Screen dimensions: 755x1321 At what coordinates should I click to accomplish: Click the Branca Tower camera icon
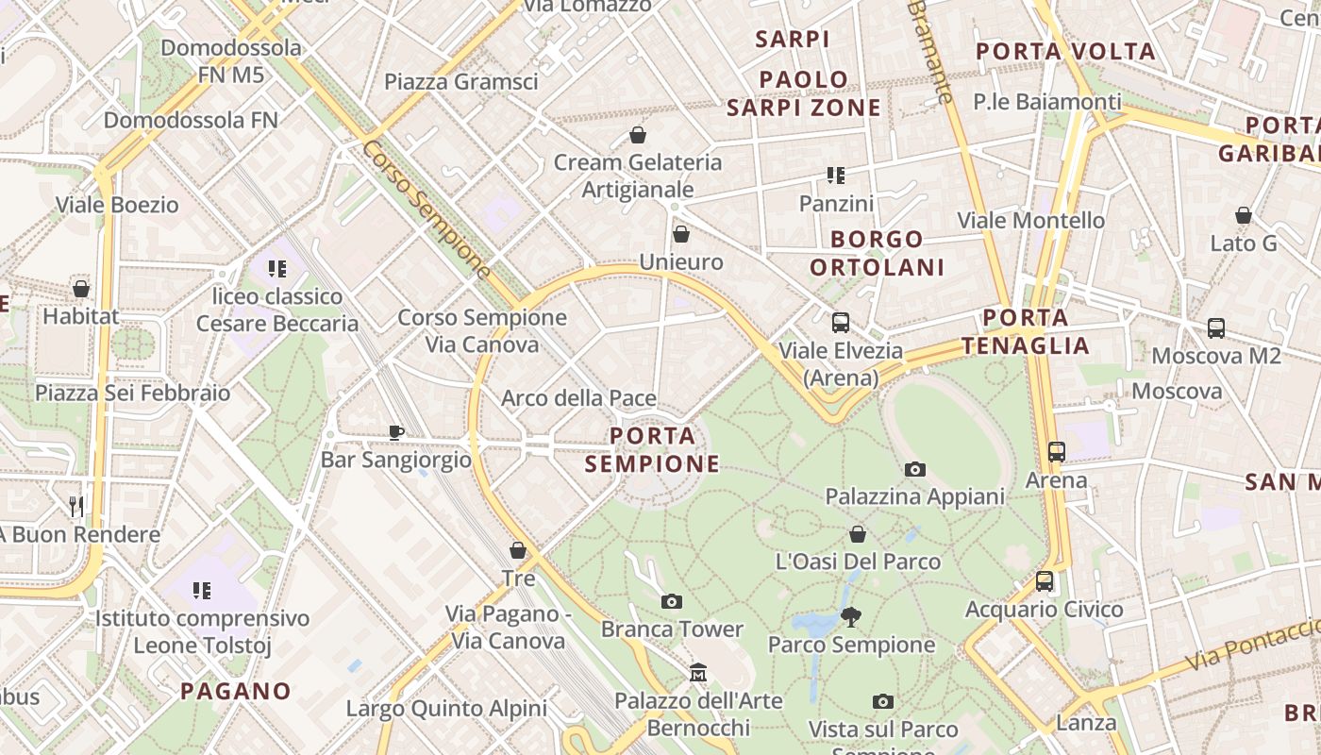tap(672, 601)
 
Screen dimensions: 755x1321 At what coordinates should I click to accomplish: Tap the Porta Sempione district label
tap(652, 449)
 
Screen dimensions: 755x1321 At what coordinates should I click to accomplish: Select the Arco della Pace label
tap(578, 398)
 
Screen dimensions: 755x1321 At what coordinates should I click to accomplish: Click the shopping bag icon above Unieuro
tap(681, 234)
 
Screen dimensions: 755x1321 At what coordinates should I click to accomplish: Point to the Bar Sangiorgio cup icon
tap(396, 432)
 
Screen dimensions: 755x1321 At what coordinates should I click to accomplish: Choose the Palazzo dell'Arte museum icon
tap(698, 672)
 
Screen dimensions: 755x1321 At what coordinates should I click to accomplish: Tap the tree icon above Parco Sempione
tap(851, 617)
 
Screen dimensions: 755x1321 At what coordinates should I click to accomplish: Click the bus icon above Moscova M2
tap(1216, 328)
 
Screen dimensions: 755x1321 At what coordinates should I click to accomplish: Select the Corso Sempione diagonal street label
tap(426, 210)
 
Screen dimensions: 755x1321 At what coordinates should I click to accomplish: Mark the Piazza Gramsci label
tap(461, 81)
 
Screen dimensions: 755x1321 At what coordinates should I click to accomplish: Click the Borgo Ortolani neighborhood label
tap(877, 253)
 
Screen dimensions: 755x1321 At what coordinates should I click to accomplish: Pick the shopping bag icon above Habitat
tap(81, 289)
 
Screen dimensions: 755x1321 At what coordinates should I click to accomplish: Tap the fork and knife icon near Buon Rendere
tap(76, 507)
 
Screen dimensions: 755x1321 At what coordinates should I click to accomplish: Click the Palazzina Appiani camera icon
tap(914, 469)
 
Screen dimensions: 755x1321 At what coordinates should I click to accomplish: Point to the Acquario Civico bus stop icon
tap(1045, 581)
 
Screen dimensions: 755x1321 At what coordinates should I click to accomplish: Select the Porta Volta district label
tap(1065, 51)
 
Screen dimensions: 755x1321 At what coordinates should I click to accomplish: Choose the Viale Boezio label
tap(117, 204)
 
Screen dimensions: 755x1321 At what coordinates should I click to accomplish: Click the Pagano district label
tap(236, 691)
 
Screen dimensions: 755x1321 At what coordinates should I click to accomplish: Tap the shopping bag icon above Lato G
tap(1244, 216)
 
